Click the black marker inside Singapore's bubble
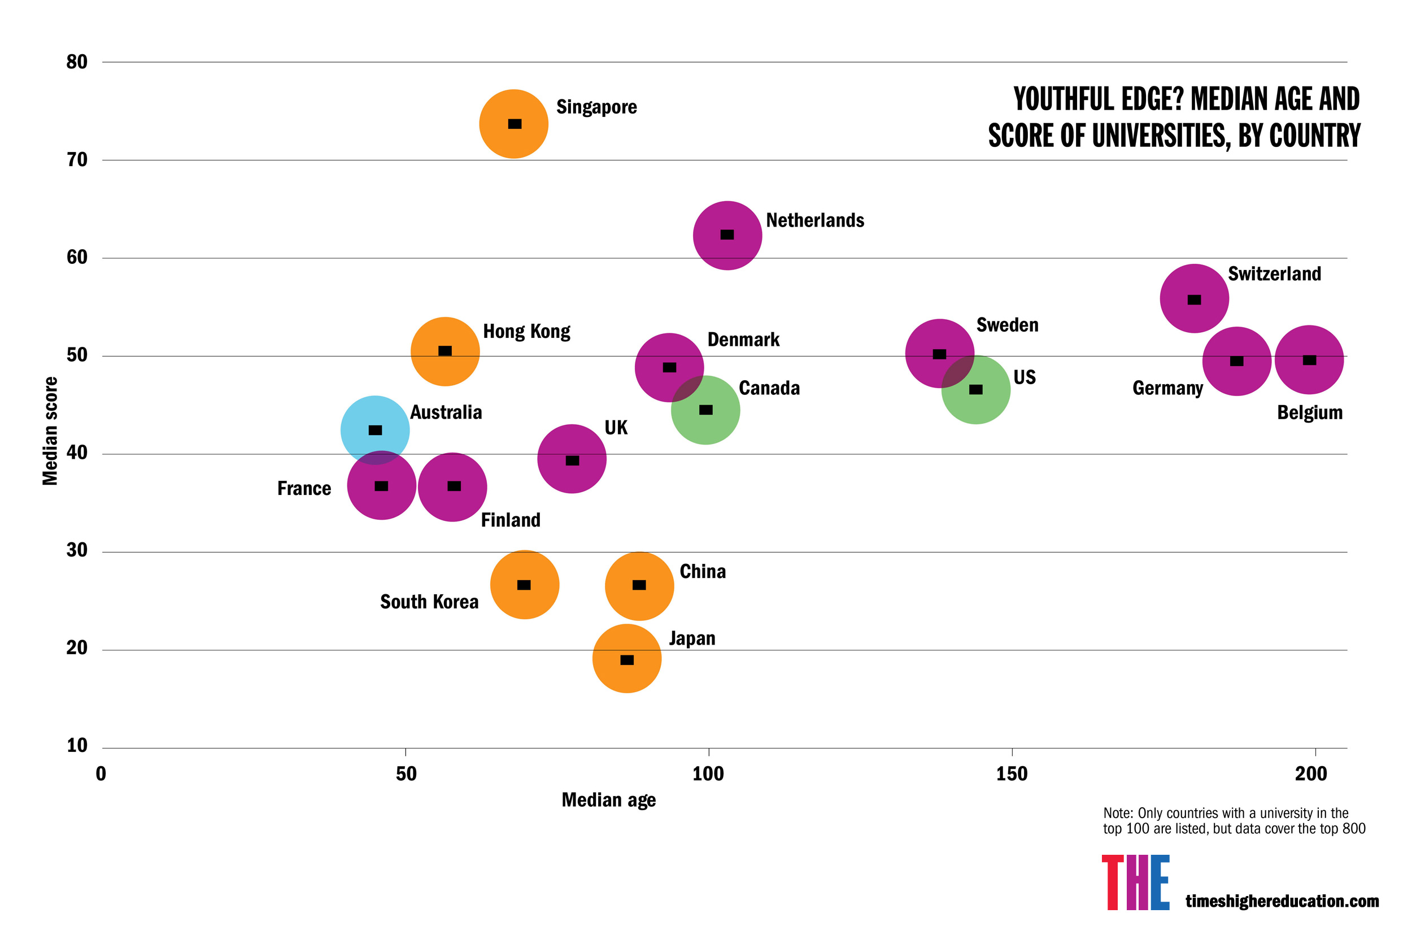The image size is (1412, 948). [x=515, y=124]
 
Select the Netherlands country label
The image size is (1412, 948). [x=815, y=220]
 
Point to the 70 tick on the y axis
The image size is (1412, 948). [x=77, y=160]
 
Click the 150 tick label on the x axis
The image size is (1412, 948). [x=1011, y=774]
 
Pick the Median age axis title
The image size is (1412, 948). [x=608, y=800]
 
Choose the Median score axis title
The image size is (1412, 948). [x=50, y=430]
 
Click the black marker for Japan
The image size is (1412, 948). [x=627, y=660]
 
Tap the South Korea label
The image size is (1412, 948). [x=429, y=602]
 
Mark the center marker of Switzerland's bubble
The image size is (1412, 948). [x=1194, y=300]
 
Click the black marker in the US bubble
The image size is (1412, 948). [x=975, y=389]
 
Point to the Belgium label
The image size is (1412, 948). [x=1309, y=413]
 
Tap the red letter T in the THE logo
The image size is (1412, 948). [x=1112, y=882]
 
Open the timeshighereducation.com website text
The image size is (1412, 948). [x=1282, y=901]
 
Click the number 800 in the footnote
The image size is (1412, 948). [x=1353, y=828]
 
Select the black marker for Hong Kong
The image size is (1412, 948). [x=445, y=351]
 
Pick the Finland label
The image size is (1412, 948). [x=510, y=520]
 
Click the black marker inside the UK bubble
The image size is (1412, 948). [x=572, y=460]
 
